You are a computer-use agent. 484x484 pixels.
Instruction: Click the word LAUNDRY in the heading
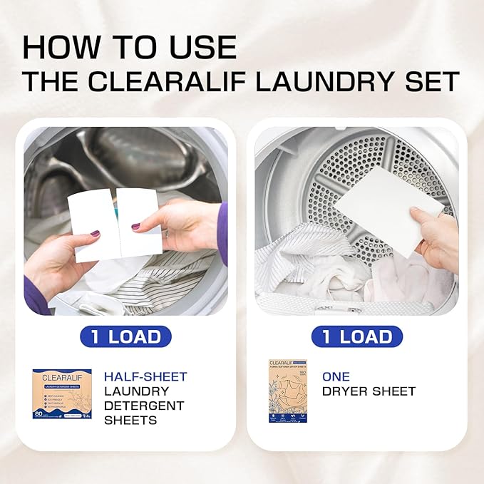click(315, 81)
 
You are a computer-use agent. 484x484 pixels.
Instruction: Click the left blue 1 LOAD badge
click(125, 336)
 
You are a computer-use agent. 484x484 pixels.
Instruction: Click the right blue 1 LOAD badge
click(357, 336)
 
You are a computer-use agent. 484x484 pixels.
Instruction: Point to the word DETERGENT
click(144, 406)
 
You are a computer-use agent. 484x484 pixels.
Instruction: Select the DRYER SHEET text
click(369, 391)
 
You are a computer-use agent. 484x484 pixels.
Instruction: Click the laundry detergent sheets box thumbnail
click(62, 393)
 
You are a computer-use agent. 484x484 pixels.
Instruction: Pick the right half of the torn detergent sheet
click(138, 214)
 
